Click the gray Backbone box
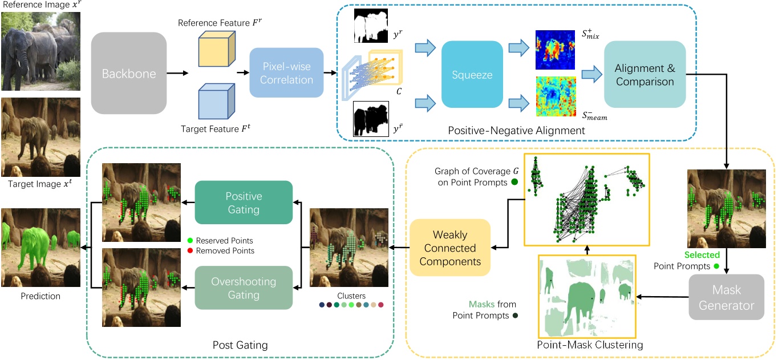click(x=129, y=74)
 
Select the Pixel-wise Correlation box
click(x=286, y=72)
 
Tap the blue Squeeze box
click(x=472, y=74)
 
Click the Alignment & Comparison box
click(x=645, y=74)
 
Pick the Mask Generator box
click(x=726, y=297)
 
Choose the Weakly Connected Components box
click(x=450, y=248)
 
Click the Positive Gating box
click(x=244, y=203)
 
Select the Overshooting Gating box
click(x=244, y=288)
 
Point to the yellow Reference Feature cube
click(x=217, y=48)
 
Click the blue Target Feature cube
click(x=217, y=101)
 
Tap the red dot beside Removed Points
click(x=190, y=250)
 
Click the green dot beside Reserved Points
click(x=190, y=240)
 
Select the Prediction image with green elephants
click(x=40, y=248)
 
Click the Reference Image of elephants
click(x=40, y=51)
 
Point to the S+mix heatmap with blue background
click(x=555, y=50)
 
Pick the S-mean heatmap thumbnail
click(x=556, y=96)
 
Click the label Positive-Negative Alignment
click(x=516, y=130)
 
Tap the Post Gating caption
click(x=240, y=345)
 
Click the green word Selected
click(x=702, y=254)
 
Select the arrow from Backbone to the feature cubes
click(x=177, y=73)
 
